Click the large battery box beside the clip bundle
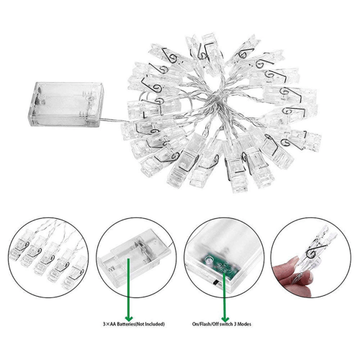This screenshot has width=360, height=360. click(x=66, y=104)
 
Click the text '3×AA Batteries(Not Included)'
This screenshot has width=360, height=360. click(x=134, y=324)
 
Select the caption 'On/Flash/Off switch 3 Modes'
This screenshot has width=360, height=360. click(x=222, y=324)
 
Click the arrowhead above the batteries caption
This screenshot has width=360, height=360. click(x=129, y=318)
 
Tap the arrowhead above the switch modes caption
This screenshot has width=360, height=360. click(x=225, y=318)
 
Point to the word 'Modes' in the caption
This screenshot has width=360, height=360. click(x=245, y=324)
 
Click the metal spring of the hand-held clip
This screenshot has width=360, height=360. click(x=315, y=251)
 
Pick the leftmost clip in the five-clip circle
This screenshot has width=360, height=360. click(x=19, y=245)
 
